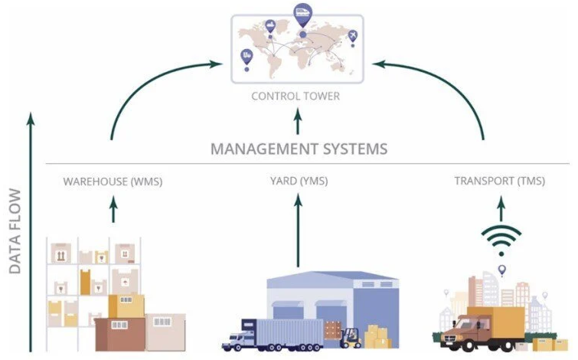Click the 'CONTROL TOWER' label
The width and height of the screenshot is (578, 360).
click(x=296, y=97)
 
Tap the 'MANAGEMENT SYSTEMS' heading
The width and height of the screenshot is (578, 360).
click(x=299, y=148)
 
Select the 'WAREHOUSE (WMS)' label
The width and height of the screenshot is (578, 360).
click(x=113, y=182)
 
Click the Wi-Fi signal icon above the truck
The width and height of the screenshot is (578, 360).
click(x=501, y=241)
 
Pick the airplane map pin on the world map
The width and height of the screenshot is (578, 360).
click(x=352, y=36)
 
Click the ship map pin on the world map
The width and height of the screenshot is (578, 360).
click(x=270, y=27)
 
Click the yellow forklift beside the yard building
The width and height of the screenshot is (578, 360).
click(x=351, y=336)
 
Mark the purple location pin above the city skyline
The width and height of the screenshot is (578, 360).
click(x=502, y=270)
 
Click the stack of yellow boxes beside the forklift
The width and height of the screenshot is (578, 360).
click(x=377, y=337)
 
